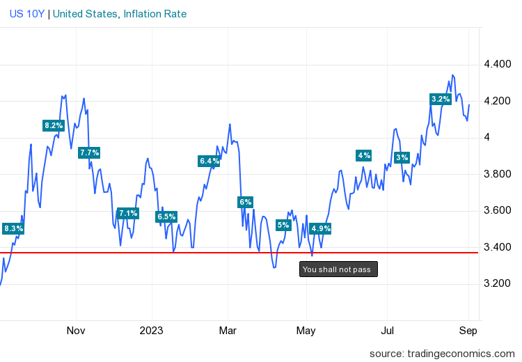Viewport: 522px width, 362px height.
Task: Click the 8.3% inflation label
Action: click(13, 228)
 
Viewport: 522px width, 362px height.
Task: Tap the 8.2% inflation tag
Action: click(54, 126)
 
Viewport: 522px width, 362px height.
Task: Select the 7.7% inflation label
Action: click(89, 152)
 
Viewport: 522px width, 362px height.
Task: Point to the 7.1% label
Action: click(128, 213)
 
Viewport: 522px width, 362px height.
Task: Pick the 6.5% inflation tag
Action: click(166, 217)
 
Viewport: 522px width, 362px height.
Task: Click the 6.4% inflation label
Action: click(209, 162)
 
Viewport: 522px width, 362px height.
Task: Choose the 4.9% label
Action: click(321, 228)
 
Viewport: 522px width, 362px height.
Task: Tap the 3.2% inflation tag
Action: click(441, 100)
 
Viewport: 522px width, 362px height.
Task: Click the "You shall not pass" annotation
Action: click(338, 269)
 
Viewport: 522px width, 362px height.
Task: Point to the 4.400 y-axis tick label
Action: click(498, 65)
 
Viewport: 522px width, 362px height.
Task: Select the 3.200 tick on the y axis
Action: click(498, 283)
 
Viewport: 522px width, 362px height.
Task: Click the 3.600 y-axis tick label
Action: click(498, 210)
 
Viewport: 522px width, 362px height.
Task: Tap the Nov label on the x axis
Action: click(75, 330)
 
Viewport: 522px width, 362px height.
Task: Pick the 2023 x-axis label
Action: click(151, 330)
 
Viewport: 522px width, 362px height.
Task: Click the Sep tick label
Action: click(468, 330)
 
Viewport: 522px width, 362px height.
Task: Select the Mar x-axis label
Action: click(228, 330)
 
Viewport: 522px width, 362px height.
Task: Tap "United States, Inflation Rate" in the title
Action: click(120, 14)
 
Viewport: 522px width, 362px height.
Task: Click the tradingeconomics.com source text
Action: click(442, 353)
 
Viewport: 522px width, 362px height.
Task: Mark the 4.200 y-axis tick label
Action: click(498, 101)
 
